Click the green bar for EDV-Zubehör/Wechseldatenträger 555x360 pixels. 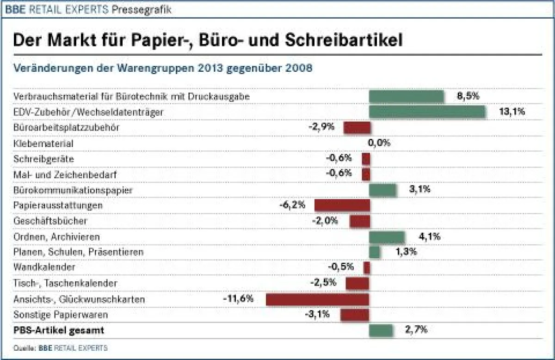point(427,112)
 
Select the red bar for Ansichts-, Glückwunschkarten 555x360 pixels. point(317,299)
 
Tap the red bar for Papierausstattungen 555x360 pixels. point(342,205)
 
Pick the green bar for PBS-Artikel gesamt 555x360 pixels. point(381,330)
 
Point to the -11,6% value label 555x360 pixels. point(238,298)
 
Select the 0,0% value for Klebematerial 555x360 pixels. point(379,143)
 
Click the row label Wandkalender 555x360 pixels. point(44,267)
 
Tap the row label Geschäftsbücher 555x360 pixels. point(50,221)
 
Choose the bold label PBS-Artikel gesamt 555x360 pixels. point(59,330)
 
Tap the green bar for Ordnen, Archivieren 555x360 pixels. point(387,237)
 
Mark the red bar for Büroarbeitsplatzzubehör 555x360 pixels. point(357,128)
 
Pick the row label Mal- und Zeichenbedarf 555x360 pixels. point(65,174)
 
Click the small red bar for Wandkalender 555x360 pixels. point(367,267)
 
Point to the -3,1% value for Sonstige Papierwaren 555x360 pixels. point(317,314)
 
